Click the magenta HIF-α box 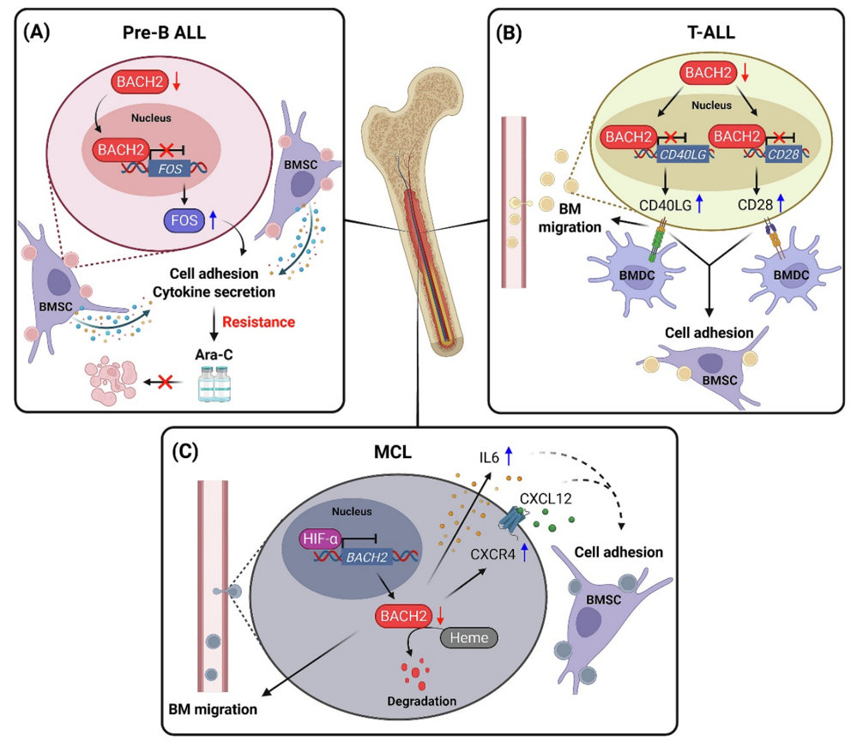click(318, 539)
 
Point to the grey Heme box click(468, 636)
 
